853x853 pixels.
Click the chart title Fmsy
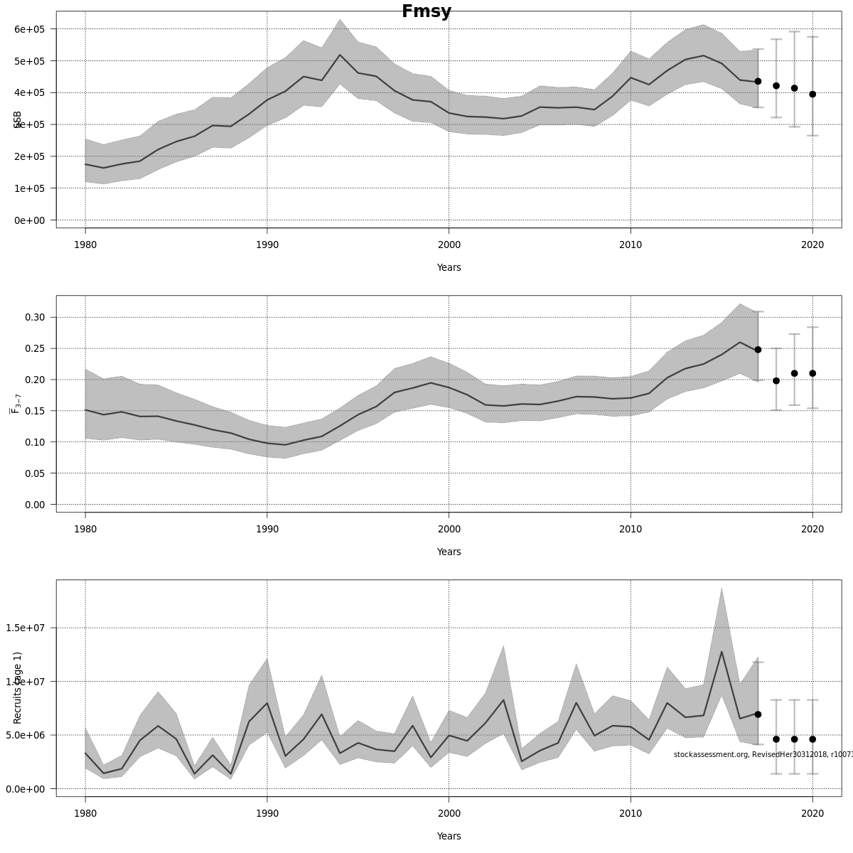coord(426,12)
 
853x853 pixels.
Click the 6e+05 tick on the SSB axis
coord(29,29)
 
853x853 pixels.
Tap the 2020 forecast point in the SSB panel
coord(812,94)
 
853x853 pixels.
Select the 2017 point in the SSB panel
coord(758,82)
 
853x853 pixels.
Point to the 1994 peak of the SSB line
coord(340,55)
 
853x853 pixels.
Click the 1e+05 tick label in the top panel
coord(29,188)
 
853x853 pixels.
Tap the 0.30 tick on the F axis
coord(35,317)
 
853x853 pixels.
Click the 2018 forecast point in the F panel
coord(776,381)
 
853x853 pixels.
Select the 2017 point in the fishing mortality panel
coord(758,350)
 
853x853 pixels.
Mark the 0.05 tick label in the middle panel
coord(35,473)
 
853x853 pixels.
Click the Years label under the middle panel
coord(449,552)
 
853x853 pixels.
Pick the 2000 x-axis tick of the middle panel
coord(449,529)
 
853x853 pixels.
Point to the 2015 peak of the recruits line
coord(721,651)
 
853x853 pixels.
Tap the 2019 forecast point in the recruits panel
coord(794,739)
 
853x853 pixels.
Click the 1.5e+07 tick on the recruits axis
coord(26,628)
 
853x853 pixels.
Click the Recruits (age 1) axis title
coord(18,687)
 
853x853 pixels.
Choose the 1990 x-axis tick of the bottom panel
coord(267,813)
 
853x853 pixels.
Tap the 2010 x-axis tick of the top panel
coord(631,245)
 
